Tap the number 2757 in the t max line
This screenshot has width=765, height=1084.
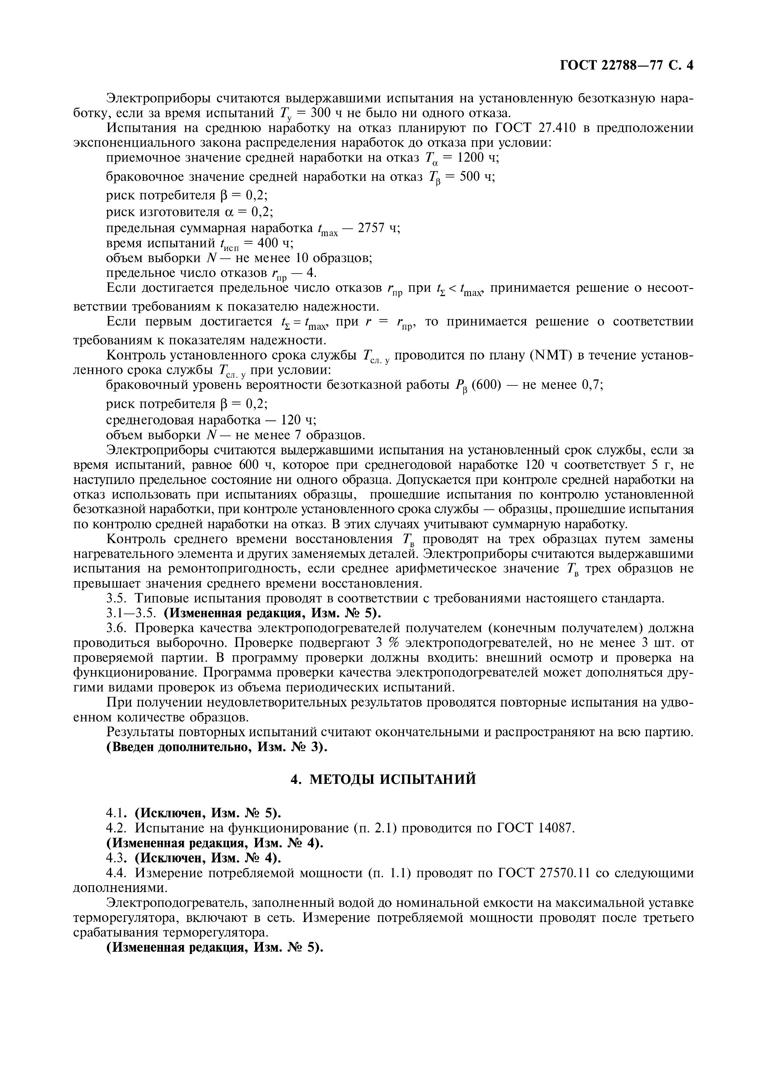pyautogui.click(x=372, y=228)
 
